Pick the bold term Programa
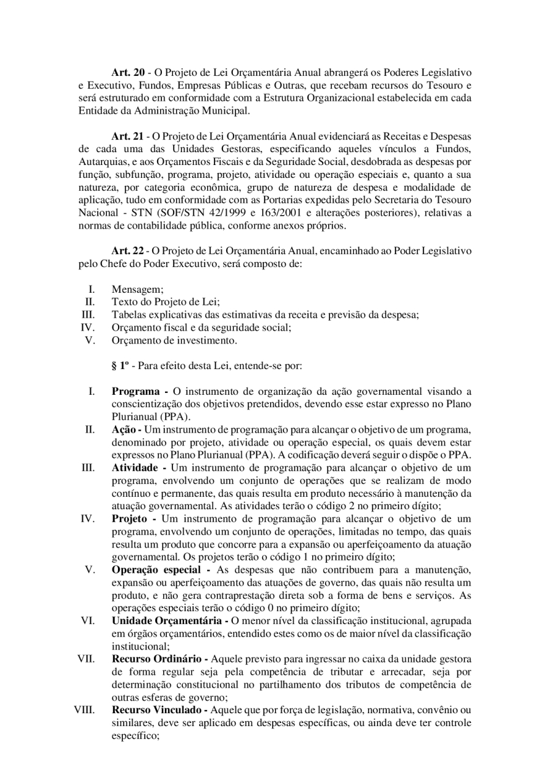pos(136,391)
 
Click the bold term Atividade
pos(135,468)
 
